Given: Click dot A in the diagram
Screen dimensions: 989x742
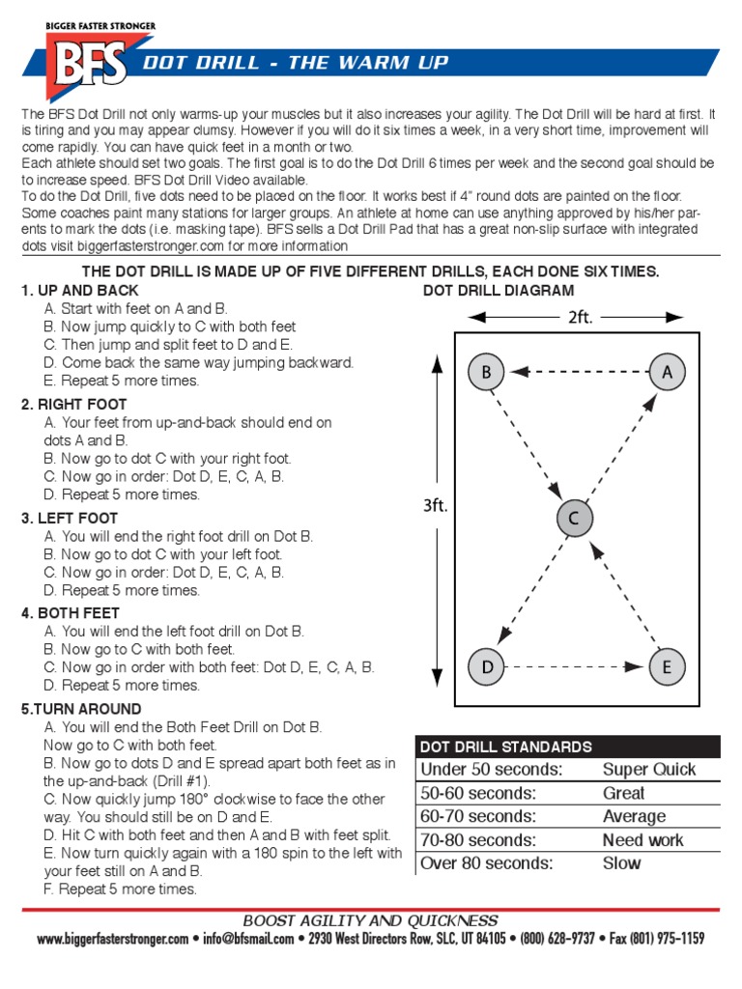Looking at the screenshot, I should click(667, 373).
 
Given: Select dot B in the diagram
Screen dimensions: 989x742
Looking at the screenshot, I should click(487, 373).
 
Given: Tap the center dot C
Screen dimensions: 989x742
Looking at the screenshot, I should click(574, 519).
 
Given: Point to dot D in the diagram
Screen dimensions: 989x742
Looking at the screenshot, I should click(487, 665).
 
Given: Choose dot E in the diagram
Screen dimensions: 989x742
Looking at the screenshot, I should click(667, 665).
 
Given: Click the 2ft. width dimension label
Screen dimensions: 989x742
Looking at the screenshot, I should click(580, 317).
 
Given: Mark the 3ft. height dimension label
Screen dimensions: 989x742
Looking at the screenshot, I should click(436, 505).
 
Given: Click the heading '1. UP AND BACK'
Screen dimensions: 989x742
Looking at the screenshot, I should click(80, 291).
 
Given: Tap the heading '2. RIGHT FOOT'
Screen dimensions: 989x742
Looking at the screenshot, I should click(74, 405).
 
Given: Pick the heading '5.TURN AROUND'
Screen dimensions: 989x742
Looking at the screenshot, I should click(81, 709).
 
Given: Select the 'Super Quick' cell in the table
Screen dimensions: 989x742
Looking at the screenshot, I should click(648, 770).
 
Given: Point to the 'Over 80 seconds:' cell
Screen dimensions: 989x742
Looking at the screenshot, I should click(486, 862).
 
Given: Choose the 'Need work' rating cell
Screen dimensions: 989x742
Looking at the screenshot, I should click(642, 840).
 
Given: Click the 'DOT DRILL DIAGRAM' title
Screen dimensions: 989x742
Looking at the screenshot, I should click(499, 291).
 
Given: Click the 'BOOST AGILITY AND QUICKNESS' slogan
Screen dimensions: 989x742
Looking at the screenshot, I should click(370, 920).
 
